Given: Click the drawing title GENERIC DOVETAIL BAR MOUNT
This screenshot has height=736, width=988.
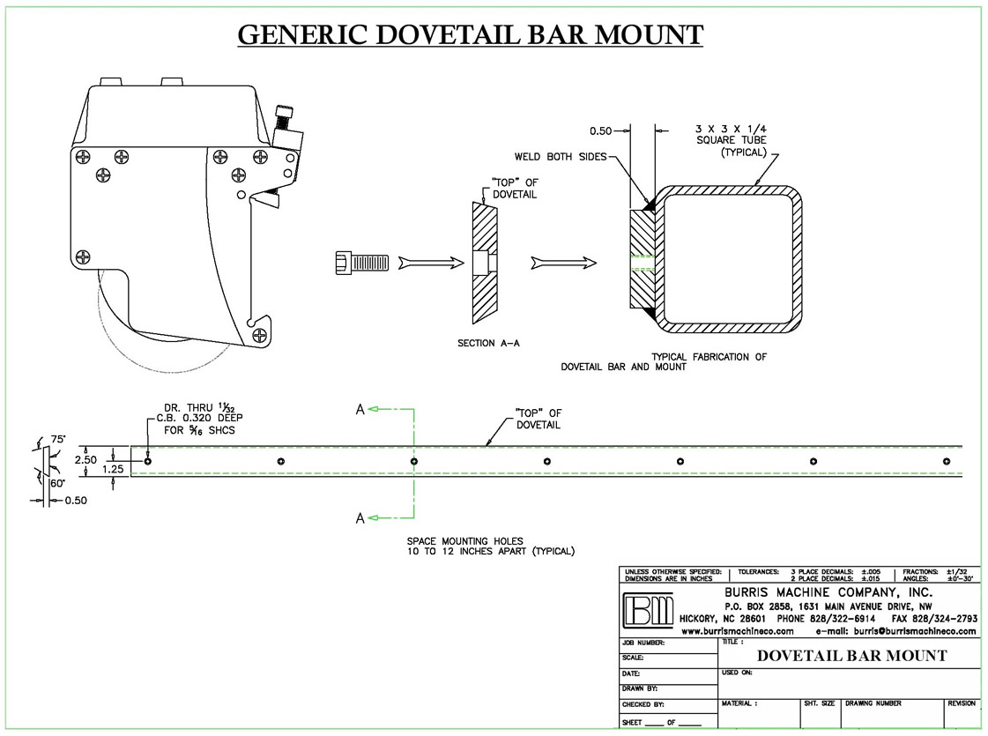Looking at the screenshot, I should tap(471, 34).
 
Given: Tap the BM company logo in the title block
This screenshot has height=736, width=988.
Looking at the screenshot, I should tap(648, 609).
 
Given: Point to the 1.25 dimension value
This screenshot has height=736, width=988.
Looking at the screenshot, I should tap(114, 469).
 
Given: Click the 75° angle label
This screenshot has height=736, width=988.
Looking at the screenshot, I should tap(59, 438).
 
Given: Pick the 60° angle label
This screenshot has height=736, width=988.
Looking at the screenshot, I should tap(58, 483).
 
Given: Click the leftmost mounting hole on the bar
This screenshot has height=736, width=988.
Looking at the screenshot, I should tap(148, 461).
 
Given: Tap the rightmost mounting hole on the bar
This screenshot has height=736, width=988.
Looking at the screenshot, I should tap(947, 461).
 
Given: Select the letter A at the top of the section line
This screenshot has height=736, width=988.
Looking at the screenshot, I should tap(360, 409).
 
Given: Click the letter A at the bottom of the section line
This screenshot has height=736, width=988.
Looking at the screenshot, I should tap(360, 518).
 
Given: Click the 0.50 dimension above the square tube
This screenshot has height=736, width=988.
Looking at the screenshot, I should tap(601, 130).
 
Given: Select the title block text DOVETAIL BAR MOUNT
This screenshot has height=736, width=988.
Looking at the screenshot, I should tap(851, 656).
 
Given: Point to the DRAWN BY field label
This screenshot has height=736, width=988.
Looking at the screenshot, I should tap(641, 688).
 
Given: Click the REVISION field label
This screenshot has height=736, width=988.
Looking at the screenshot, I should tap(961, 703).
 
